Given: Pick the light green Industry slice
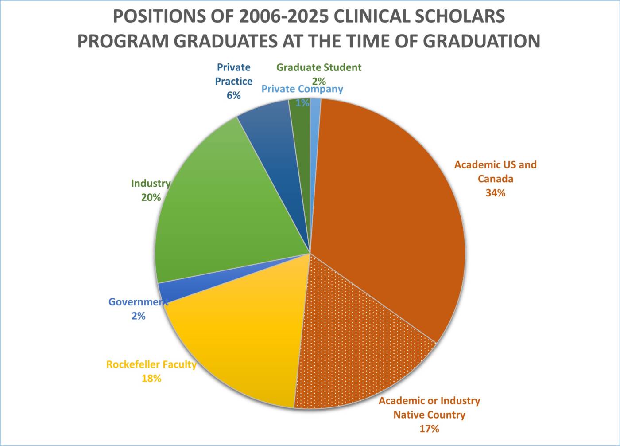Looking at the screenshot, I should (226, 213).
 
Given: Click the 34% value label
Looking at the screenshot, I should (495, 193).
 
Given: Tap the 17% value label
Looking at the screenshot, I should (429, 429).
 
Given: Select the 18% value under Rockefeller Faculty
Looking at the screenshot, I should (151, 379).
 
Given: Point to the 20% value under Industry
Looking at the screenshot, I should (151, 198).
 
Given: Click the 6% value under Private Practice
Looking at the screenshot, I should (233, 95).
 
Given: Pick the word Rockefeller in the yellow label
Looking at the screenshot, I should (133, 364).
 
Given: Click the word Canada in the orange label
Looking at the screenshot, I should (495, 179).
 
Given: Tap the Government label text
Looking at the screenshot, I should (138, 302).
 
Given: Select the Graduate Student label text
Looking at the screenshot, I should (319, 67).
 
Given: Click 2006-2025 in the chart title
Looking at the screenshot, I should (283, 16).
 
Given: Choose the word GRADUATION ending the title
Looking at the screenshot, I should (481, 41).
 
